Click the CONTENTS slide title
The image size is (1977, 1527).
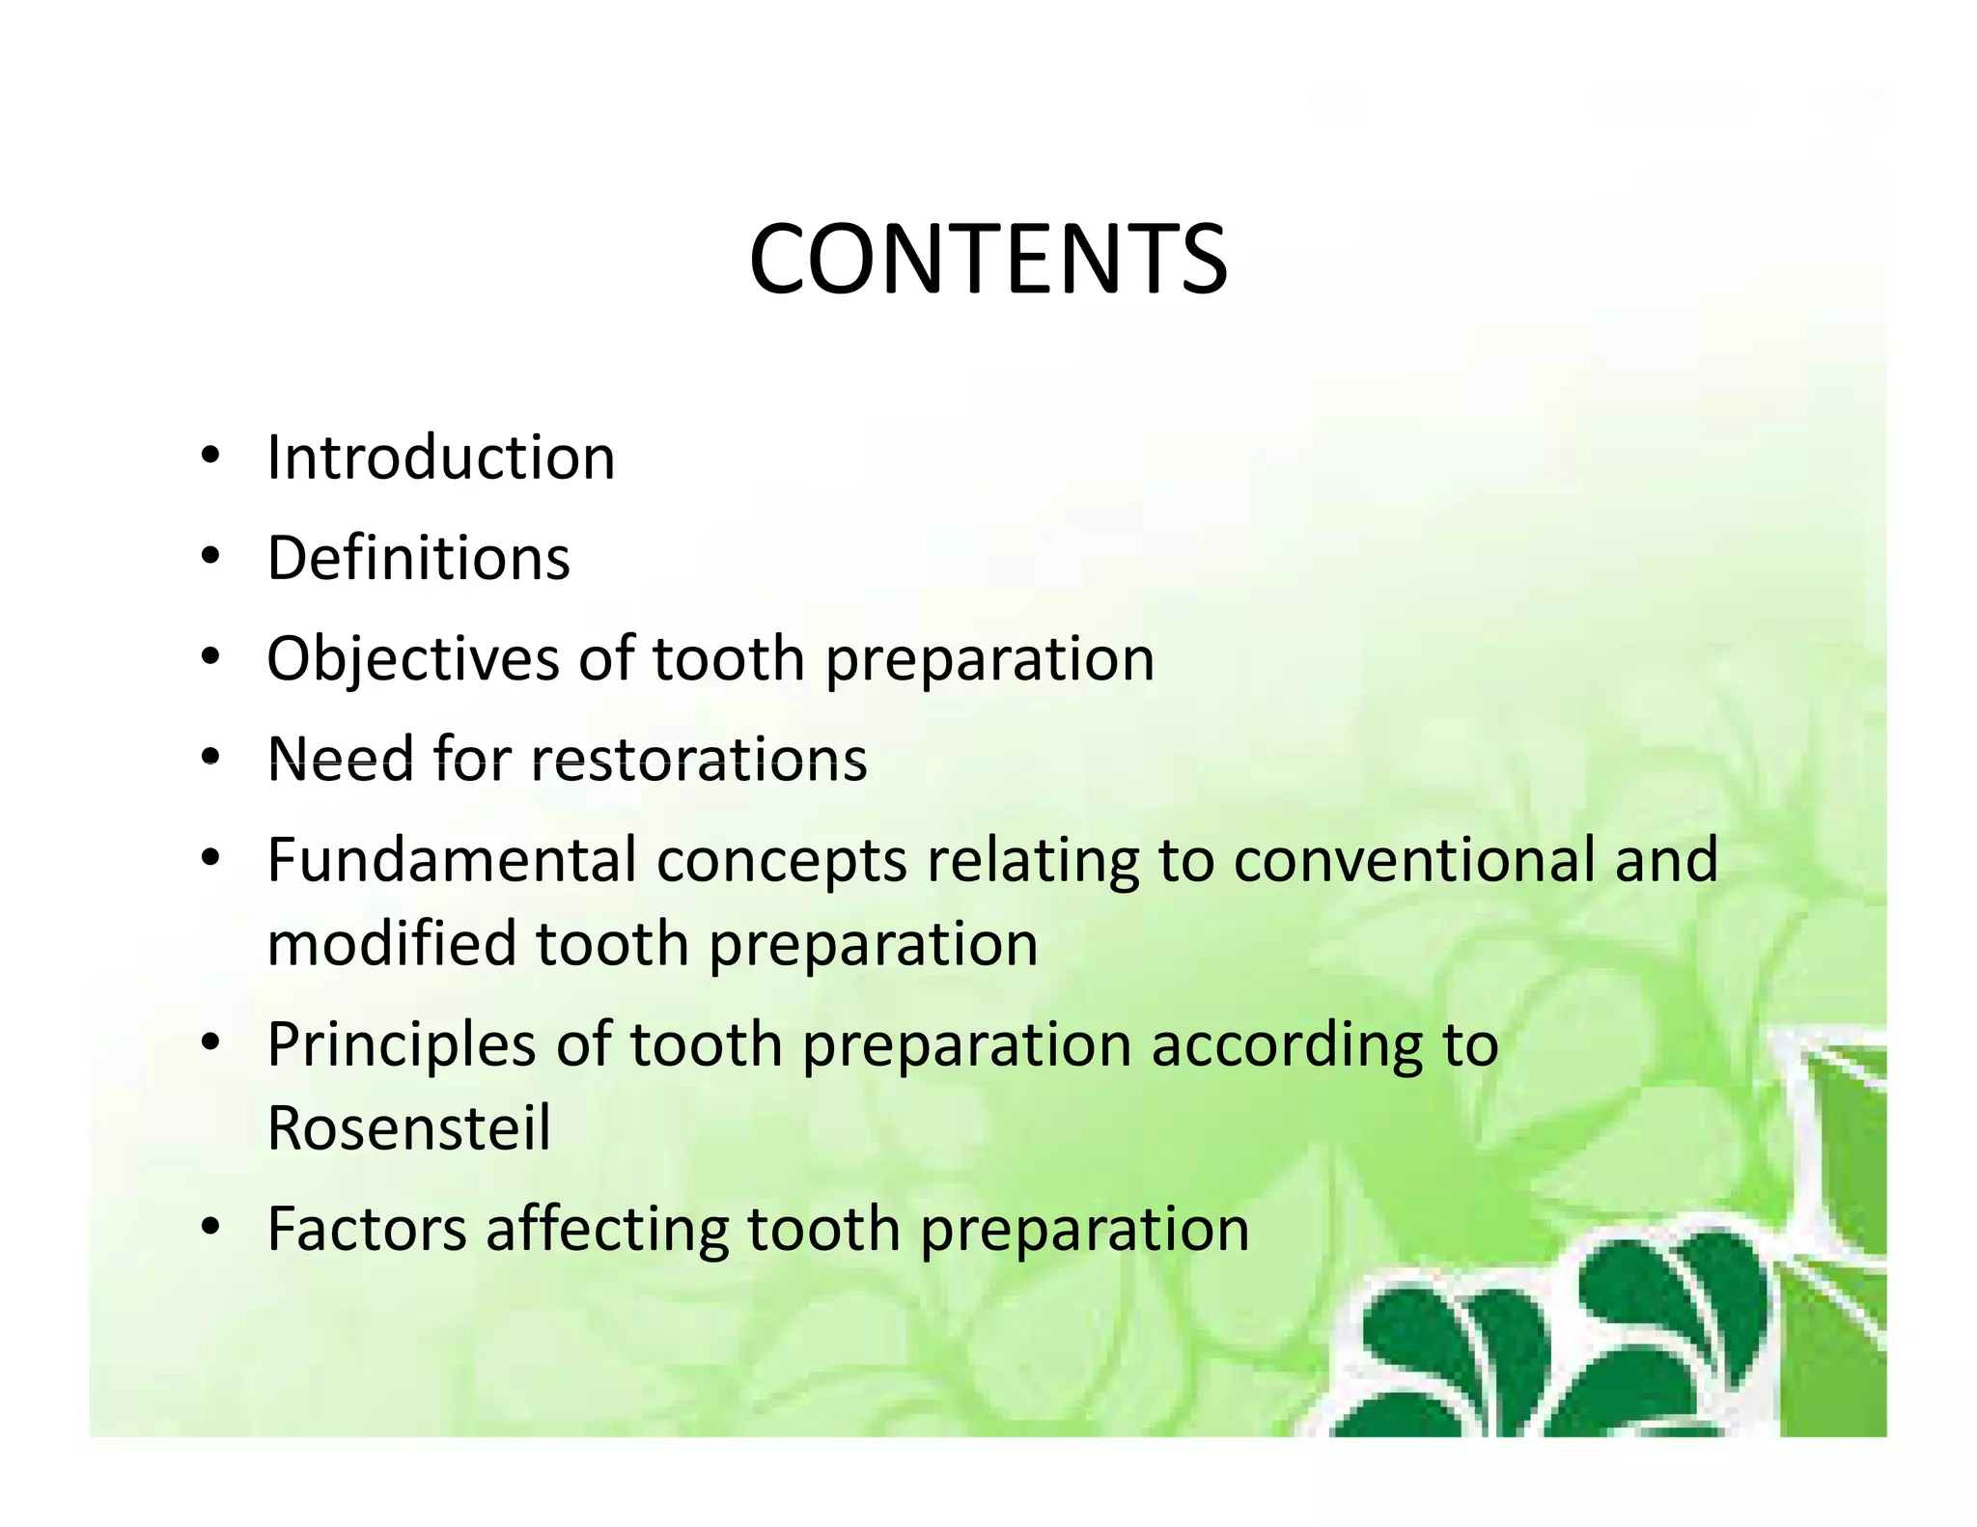click(988, 259)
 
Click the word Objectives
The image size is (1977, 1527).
click(413, 659)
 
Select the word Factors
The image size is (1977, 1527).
click(367, 1229)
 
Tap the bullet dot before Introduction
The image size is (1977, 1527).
click(210, 456)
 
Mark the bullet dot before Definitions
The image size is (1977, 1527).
click(210, 557)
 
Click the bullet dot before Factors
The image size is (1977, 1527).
click(210, 1228)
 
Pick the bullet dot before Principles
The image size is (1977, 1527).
click(210, 1043)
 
